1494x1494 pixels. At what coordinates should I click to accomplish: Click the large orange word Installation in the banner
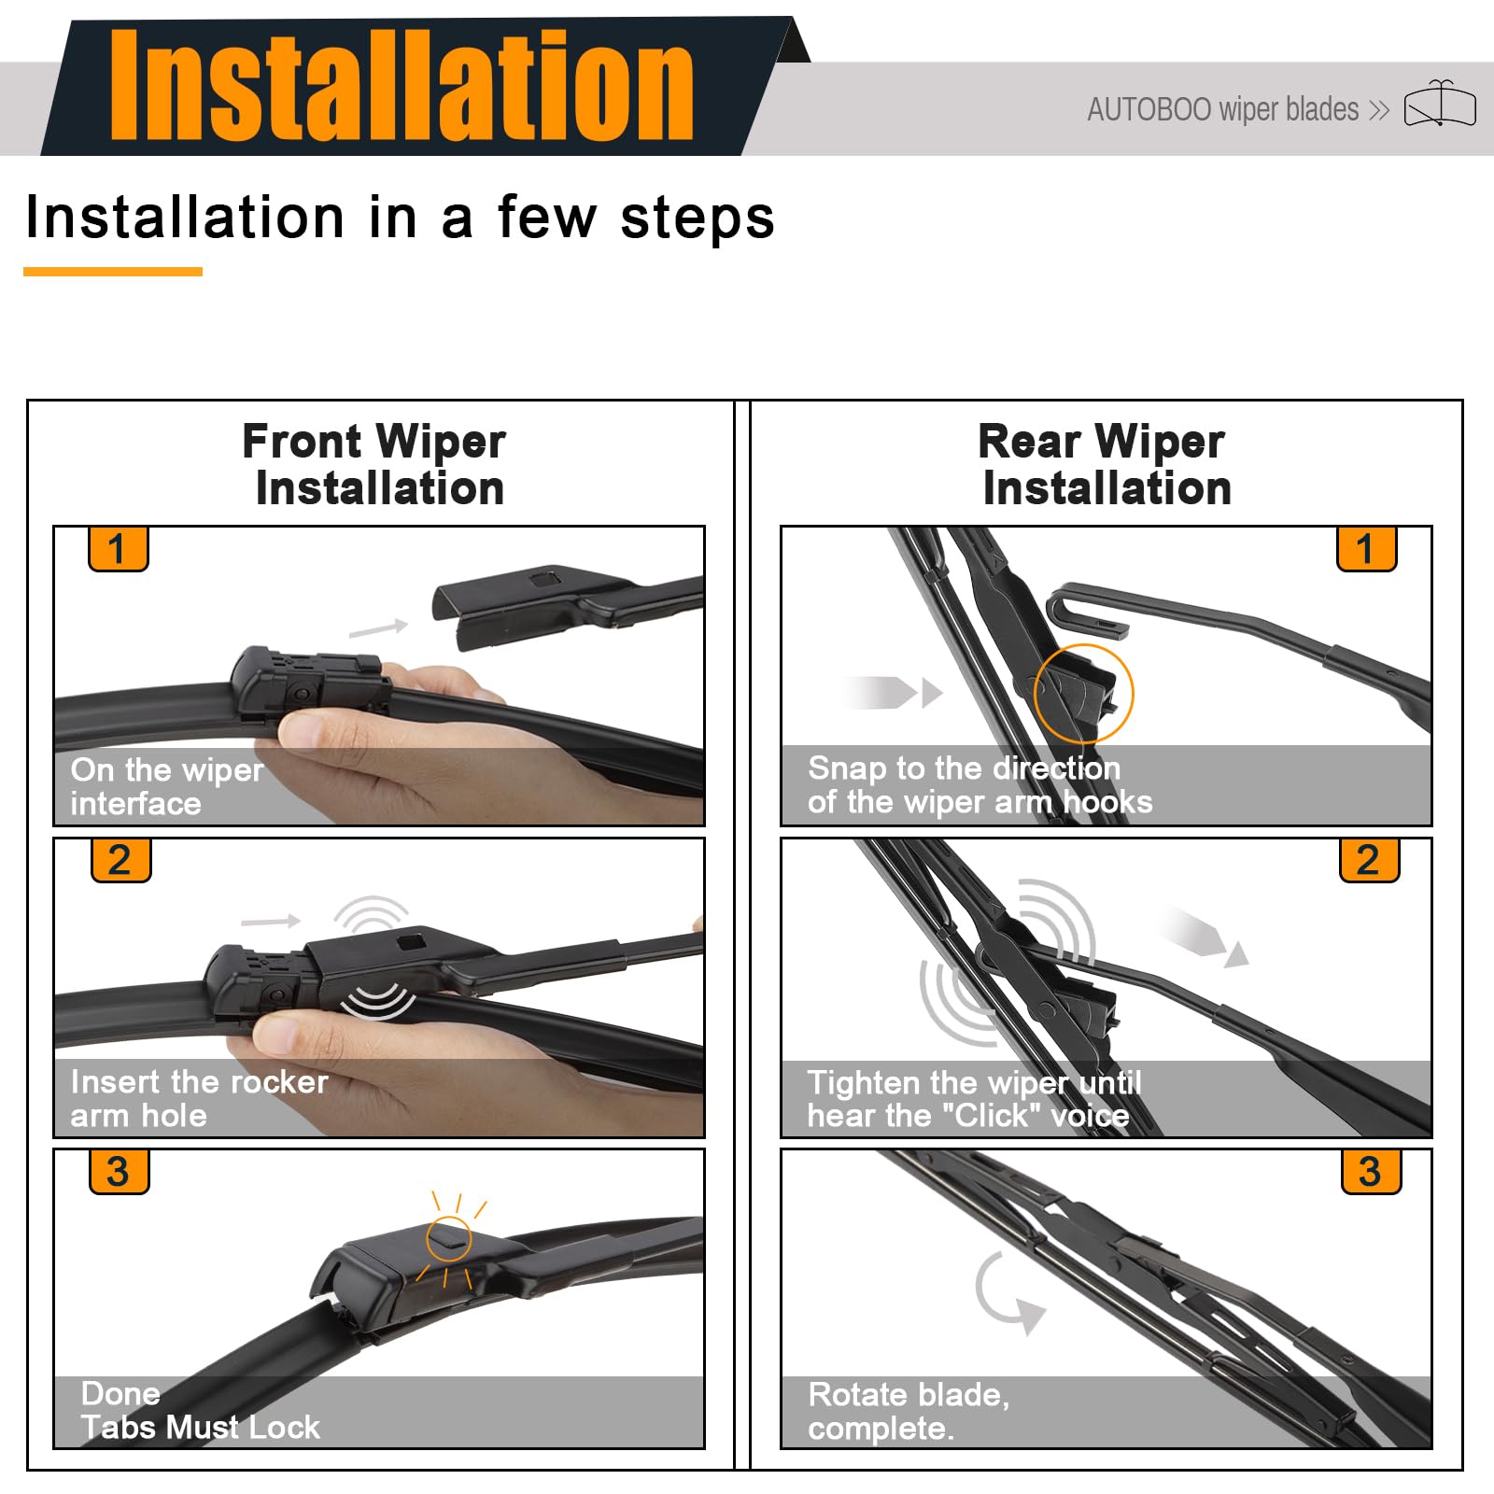(x=402, y=85)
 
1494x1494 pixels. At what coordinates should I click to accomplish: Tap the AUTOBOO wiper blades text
(x=1223, y=109)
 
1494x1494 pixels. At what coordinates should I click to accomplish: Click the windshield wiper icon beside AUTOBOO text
(x=1440, y=104)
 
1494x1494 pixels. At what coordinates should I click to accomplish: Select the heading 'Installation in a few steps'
(x=400, y=218)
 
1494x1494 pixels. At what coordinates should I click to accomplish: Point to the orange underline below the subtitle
(x=113, y=272)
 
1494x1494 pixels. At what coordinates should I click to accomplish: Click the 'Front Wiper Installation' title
(x=375, y=464)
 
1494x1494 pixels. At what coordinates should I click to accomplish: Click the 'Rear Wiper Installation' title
(x=1104, y=464)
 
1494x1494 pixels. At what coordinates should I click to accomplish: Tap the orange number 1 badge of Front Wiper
(x=118, y=548)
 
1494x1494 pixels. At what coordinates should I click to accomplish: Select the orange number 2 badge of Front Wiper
(x=120, y=859)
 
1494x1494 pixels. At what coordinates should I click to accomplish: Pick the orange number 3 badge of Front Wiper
(x=119, y=1171)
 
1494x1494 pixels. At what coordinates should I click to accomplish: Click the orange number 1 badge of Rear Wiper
(x=1366, y=548)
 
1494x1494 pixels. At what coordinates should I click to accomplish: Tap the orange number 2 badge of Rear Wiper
(x=1369, y=859)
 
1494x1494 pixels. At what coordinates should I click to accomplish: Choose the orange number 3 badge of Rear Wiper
(x=1371, y=1171)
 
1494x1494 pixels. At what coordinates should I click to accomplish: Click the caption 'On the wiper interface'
(x=167, y=786)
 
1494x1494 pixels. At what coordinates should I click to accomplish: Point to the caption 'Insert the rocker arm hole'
(x=199, y=1098)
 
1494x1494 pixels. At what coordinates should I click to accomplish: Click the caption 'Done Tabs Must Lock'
(x=200, y=1410)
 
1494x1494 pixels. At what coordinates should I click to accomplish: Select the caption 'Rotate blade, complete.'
(x=909, y=1411)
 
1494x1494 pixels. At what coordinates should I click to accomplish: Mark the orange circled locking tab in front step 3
(x=449, y=1240)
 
